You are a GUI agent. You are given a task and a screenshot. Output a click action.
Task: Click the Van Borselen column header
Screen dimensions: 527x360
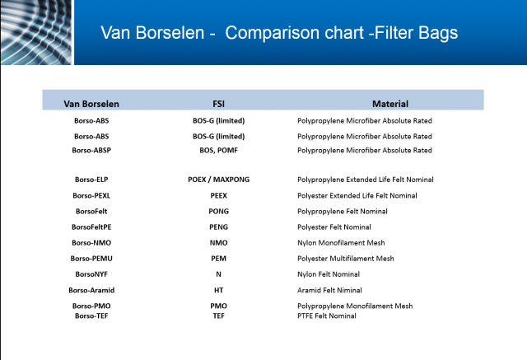[91, 104]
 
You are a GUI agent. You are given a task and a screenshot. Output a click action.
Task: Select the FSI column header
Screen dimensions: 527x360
[218, 104]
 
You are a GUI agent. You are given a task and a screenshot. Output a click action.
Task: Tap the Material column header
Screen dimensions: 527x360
[390, 104]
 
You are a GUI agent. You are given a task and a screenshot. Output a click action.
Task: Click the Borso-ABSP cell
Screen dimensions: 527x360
[91, 150]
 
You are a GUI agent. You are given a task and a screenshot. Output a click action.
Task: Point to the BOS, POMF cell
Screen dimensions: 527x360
[218, 150]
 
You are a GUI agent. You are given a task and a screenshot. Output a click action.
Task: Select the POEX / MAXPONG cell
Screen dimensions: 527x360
[218, 180]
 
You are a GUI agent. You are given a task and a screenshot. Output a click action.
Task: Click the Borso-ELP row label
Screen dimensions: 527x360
[91, 180]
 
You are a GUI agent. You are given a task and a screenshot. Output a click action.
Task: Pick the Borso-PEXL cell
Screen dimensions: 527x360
[91, 195]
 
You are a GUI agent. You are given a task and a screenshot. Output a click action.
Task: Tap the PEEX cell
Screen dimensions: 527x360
[218, 195]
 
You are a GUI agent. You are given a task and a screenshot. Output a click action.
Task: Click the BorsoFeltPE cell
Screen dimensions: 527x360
[91, 227]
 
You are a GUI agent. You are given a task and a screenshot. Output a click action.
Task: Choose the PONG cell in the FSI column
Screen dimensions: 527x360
[218, 212]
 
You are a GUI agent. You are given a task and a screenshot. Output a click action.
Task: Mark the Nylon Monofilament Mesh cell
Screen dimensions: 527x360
[341, 243]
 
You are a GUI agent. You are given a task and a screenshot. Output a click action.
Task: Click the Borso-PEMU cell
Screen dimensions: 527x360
[91, 259]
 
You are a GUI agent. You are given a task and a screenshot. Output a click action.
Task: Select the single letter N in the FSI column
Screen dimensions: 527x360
[218, 274]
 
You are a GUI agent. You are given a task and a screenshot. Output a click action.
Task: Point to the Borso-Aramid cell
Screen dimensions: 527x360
[91, 290]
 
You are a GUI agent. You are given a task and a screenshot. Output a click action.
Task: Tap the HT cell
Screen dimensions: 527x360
[218, 290]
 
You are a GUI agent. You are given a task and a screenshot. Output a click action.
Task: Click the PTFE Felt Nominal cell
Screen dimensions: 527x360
[327, 316]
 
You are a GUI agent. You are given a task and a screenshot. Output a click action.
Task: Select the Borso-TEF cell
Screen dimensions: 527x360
[91, 316]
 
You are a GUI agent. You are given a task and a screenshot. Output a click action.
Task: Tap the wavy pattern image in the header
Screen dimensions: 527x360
[36, 32]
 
